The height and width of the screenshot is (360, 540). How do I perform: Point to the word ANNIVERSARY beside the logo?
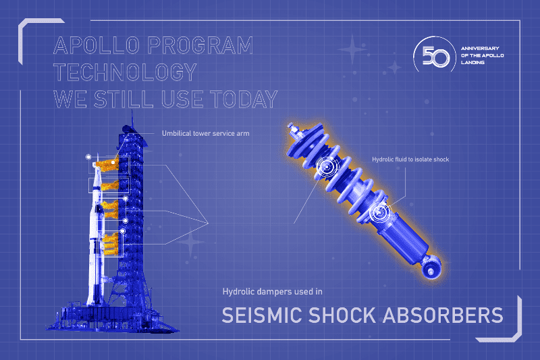click(482, 49)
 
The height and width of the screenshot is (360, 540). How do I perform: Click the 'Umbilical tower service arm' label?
click(205, 133)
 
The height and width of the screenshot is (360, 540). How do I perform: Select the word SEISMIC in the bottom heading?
click(263, 315)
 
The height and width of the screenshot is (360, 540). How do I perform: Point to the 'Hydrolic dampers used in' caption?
click(273, 292)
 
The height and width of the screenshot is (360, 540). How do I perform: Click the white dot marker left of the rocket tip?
click(88, 157)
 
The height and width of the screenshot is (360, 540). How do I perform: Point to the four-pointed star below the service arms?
click(191, 242)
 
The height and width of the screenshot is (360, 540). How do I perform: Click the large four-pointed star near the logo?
click(352, 49)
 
